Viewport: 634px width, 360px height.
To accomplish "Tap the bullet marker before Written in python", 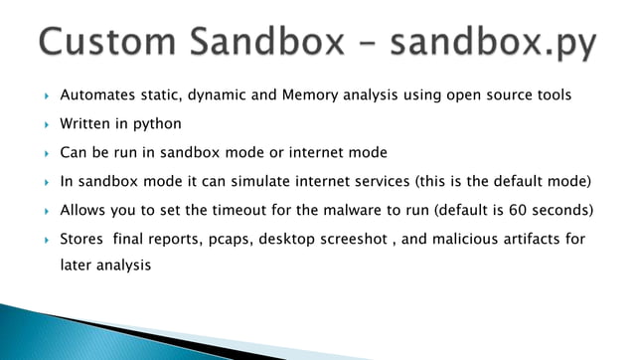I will pyautogui.click(x=46, y=124).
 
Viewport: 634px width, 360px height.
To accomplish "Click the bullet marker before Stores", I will pyautogui.click(x=46, y=240).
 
